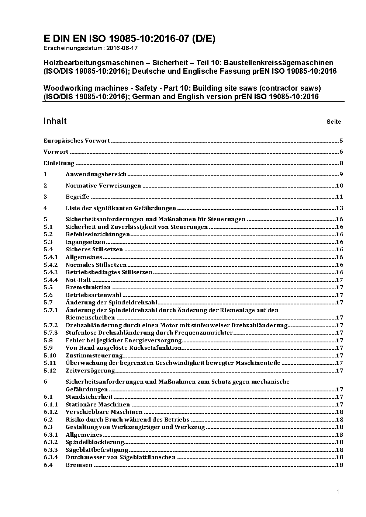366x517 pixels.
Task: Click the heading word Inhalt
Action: click(55, 121)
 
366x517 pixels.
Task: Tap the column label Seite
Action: click(334, 122)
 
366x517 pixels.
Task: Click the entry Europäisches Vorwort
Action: click(77, 140)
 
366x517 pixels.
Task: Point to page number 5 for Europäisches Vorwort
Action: click(341, 140)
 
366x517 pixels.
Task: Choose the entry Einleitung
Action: click(59, 163)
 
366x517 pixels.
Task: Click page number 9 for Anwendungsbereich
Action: click(341, 174)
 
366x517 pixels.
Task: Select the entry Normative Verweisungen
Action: click(103, 185)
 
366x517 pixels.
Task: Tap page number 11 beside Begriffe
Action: click(339, 196)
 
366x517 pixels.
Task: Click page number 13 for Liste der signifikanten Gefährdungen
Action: click(339, 208)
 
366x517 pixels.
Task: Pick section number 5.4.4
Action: click(51, 280)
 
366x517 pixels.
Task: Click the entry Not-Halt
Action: click(78, 280)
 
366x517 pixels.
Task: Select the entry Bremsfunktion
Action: click(88, 287)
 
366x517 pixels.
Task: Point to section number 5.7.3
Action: click(51, 332)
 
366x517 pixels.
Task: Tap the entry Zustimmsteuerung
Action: click(94, 355)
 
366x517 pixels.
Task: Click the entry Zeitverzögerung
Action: click(90, 370)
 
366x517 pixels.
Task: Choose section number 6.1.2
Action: click(51, 412)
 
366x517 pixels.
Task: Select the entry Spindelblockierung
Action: click(95, 442)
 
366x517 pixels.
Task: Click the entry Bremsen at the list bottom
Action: click(79, 465)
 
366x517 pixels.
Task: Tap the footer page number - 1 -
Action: click(338, 492)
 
